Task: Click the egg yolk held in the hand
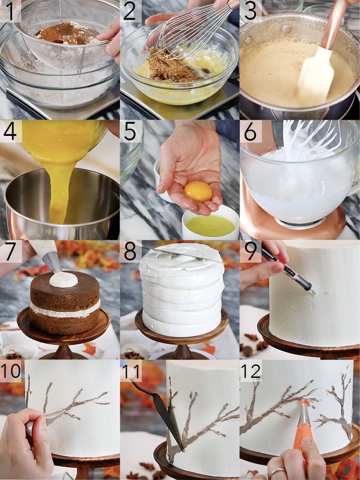pyautogui.click(x=198, y=192)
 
